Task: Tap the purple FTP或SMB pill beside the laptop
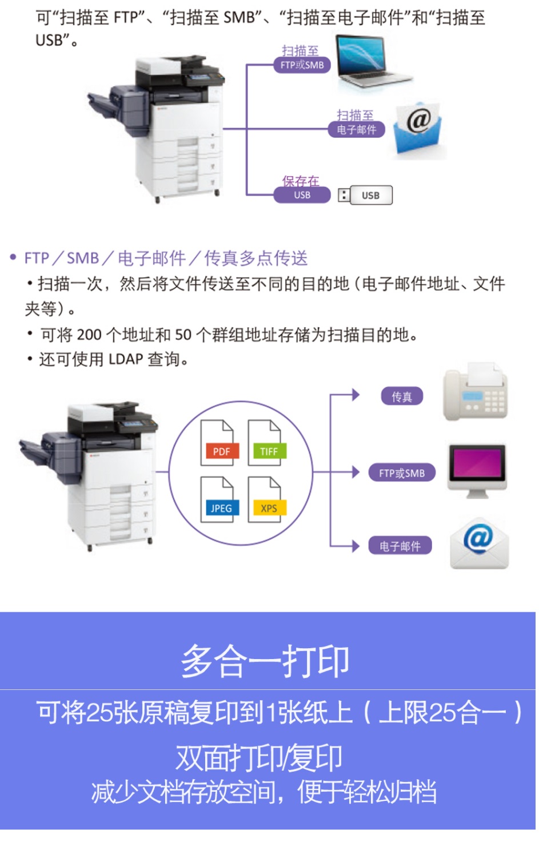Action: pos(302,65)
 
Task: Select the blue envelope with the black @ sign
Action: pos(418,128)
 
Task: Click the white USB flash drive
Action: pos(365,195)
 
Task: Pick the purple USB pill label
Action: pos(302,195)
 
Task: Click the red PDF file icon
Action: pos(219,443)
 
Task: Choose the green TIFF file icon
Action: pos(267,443)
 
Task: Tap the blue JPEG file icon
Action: pos(219,499)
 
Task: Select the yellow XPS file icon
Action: pos(267,499)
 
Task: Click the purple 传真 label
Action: pos(402,396)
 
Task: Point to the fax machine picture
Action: pos(476,391)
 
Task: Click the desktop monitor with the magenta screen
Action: pos(477,471)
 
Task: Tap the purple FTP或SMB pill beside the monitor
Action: pos(402,473)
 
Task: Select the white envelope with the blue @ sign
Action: pos(480,543)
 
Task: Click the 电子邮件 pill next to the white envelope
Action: pos(400,546)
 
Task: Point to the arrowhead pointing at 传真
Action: pos(356,395)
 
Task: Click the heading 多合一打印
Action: pos(265,662)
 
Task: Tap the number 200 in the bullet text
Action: pos(89,335)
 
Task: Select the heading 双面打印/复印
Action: pos(259,758)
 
